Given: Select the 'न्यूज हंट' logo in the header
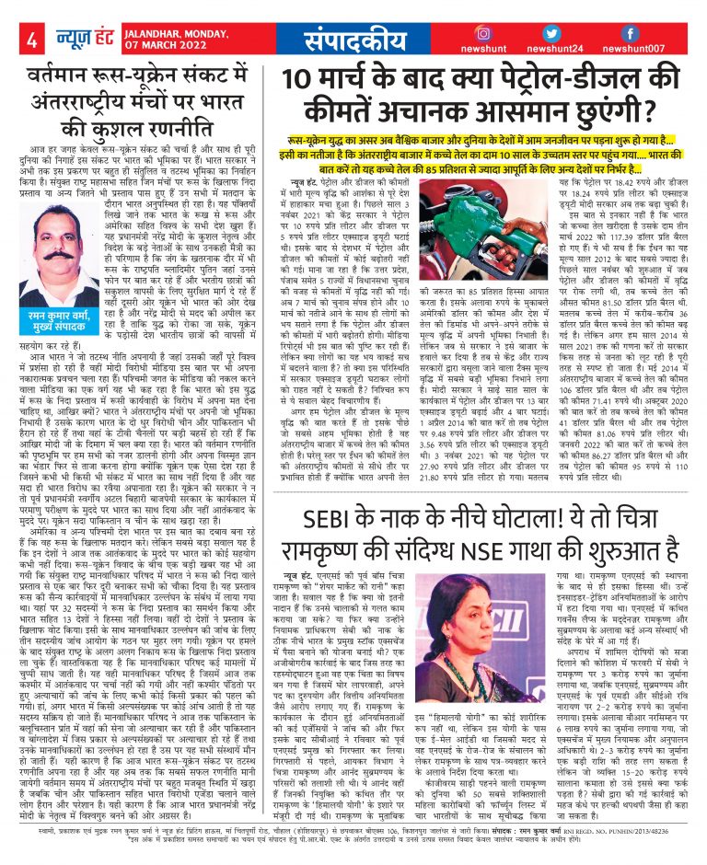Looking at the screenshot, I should click(73, 40).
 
